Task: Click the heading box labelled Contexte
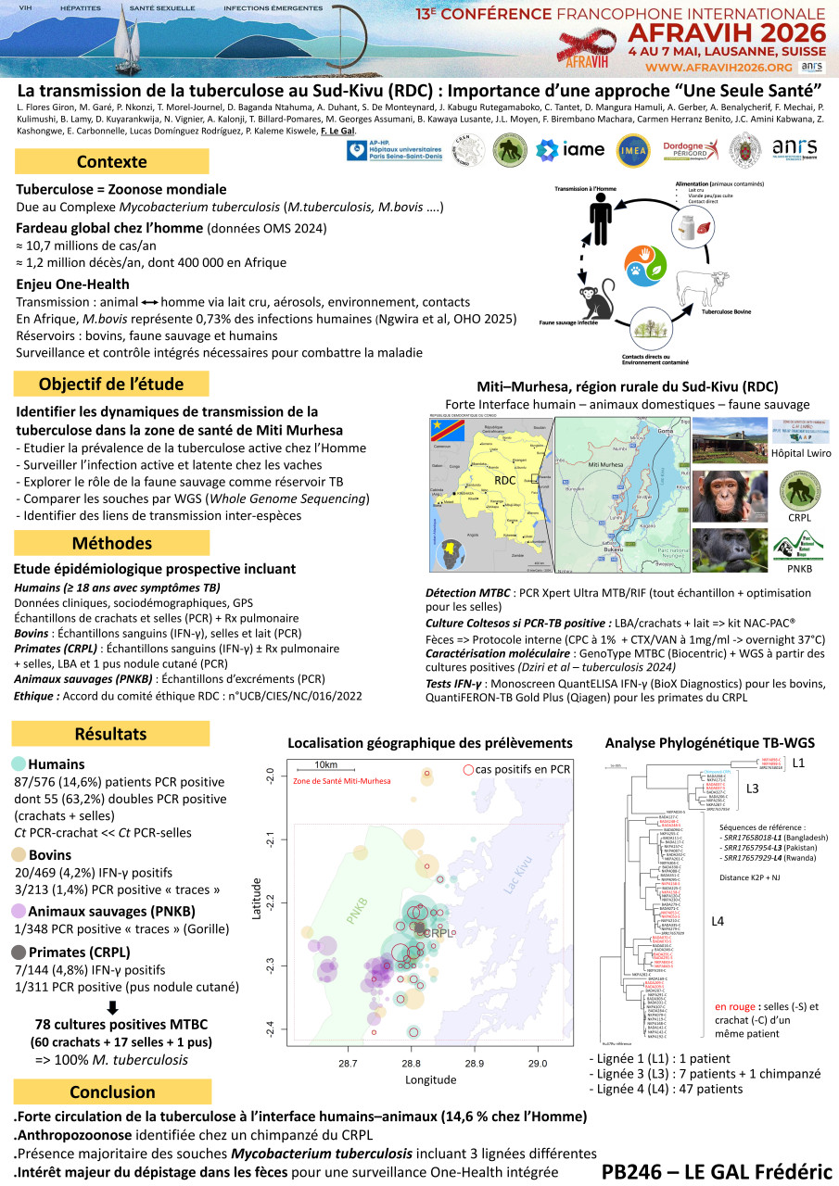click(x=104, y=162)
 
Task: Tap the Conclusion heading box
click(x=112, y=1091)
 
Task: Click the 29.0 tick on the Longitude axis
click(x=538, y=1063)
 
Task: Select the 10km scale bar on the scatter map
click(x=325, y=770)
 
